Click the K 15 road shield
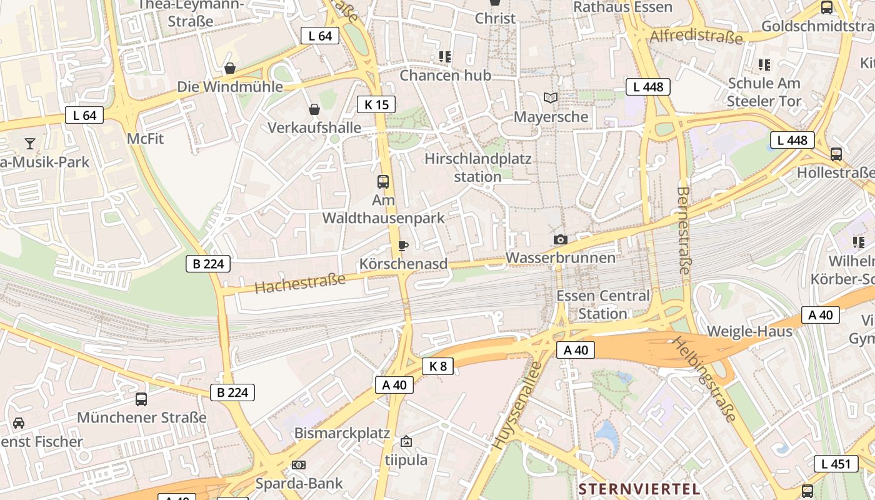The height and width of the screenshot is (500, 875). tap(376, 104)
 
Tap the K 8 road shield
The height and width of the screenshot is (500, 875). tap(438, 366)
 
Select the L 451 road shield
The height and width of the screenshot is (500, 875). tap(836, 464)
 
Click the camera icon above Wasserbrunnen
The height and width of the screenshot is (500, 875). tap(561, 239)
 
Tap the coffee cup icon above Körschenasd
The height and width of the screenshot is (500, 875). tap(403, 246)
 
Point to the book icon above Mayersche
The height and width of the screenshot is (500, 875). tap(551, 97)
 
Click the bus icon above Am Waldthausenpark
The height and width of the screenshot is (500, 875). tap(383, 182)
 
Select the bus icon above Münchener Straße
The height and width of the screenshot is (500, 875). tap(141, 399)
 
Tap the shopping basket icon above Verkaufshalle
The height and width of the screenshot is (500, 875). tap(314, 109)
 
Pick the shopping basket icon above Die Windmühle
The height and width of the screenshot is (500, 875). tap(230, 67)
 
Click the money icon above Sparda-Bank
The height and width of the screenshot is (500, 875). tap(299, 465)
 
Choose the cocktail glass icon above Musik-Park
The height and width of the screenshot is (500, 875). tap(30, 144)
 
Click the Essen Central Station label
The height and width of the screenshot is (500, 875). tap(602, 304)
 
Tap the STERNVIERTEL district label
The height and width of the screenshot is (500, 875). tap(639, 488)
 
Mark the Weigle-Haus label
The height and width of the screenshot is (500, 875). tap(749, 331)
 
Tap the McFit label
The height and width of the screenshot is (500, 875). tap(145, 139)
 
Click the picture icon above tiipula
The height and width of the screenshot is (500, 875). tap(406, 441)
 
